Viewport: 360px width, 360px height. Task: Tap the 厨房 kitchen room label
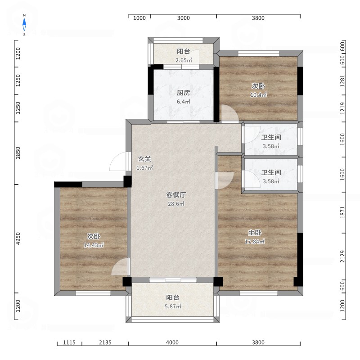click(184, 93)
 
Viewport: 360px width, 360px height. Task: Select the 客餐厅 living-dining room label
click(176, 195)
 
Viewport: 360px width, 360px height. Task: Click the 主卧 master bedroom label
click(255, 233)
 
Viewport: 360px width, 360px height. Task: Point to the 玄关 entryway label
click(144, 159)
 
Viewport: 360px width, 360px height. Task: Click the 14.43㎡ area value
click(94, 245)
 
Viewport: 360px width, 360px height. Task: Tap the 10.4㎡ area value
click(258, 95)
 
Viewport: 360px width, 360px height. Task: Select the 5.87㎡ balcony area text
click(173, 306)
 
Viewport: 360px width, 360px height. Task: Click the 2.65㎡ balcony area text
click(184, 60)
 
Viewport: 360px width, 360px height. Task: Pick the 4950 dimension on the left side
click(18, 238)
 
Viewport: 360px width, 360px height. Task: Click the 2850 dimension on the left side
click(18, 153)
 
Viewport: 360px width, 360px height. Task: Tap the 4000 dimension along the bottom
click(172, 342)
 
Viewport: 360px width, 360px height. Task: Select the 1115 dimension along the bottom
click(69, 342)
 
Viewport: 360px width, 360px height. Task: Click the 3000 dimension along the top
click(184, 18)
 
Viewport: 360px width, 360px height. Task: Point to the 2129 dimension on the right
click(342, 256)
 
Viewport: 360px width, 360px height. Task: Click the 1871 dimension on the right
click(342, 212)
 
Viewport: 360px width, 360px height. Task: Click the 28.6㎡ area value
click(176, 204)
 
